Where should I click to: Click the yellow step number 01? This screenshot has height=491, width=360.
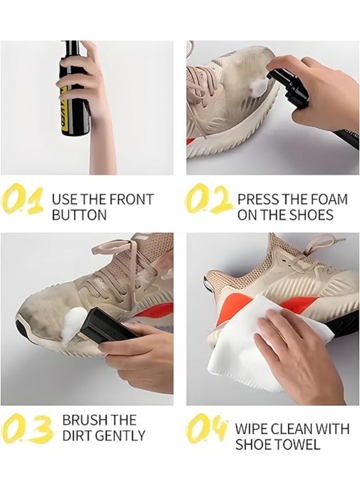click(x=22, y=200)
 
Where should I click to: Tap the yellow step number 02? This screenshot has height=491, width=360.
click(x=208, y=200)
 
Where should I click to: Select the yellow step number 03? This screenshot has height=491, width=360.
click(x=27, y=428)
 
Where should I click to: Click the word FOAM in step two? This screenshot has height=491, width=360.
click(x=325, y=199)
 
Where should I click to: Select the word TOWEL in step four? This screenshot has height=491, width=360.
click(x=299, y=445)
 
